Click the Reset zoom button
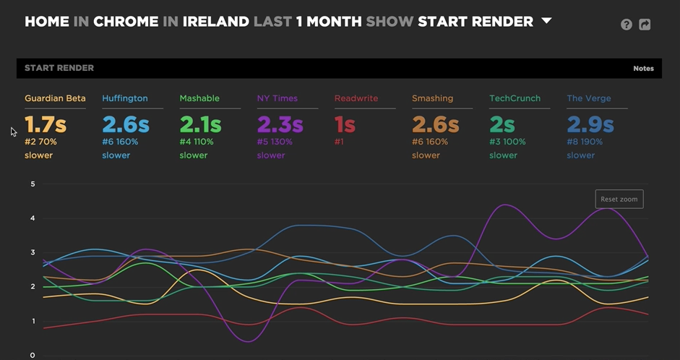pyautogui.click(x=619, y=199)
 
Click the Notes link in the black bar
pyautogui.click(x=643, y=69)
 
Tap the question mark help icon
pyautogui.click(x=627, y=25)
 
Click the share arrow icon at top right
pyautogui.click(x=645, y=25)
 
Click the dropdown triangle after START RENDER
pyautogui.click(x=546, y=21)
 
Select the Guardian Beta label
pyautogui.click(x=55, y=98)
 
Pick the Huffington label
pyautogui.click(x=125, y=98)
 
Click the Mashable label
pyautogui.click(x=199, y=98)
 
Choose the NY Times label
pyautogui.click(x=277, y=98)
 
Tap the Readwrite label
pyautogui.click(x=356, y=98)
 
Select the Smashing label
pyautogui.click(x=433, y=98)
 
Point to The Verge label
pyautogui.click(x=590, y=98)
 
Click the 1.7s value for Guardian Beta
pyautogui.click(x=46, y=124)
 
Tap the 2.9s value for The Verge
pyautogui.click(x=590, y=124)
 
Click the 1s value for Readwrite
pyautogui.click(x=345, y=124)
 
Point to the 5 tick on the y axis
pyautogui.click(x=33, y=184)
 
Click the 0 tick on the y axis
pyautogui.click(x=33, y=355)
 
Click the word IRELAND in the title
pyautogui.click(x=215, y=22)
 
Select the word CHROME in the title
pyautogui.click(x=126, y=22)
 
